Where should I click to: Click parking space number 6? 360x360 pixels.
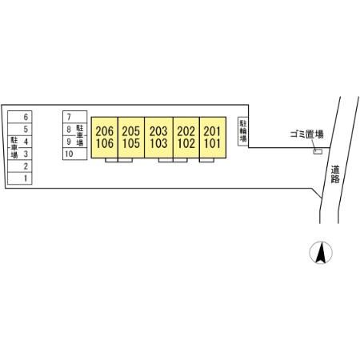coord(20,117)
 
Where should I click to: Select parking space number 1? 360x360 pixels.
coord(20,178)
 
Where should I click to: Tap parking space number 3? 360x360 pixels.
coord(20,154)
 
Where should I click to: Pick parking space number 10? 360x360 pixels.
coord(75,154)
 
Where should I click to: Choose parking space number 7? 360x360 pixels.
coord(75,117)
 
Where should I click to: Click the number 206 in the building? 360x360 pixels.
coord(105,131)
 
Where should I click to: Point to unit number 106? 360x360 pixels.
coord(105,143)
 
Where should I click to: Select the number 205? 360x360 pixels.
coord(131,131)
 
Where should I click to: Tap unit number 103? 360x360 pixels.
coord(158,143)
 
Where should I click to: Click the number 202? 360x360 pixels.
coord(186,131)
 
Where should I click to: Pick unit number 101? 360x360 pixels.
coord(212,143)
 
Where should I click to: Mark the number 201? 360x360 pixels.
coord(212,131)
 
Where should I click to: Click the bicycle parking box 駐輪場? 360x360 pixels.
coord(243,131)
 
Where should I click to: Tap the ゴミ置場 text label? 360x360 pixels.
coord(307,134)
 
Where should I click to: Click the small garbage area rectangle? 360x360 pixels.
coord(318,151)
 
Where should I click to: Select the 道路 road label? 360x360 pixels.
coord(335,174)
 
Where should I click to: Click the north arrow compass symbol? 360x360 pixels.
coord(321,252)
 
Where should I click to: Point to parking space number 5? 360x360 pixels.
coord(20,129)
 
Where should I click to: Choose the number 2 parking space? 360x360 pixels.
coord(20,166)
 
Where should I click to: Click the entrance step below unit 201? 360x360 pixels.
coord(206,160)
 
